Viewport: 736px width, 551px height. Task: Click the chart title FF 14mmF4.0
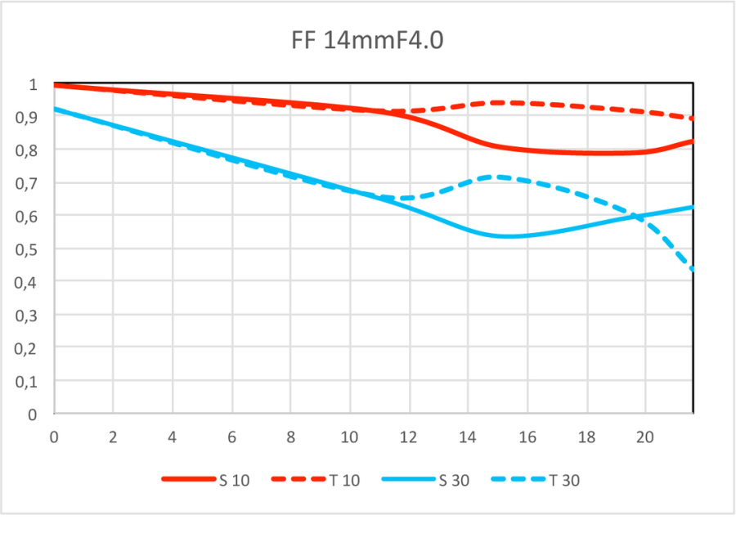[367, 41]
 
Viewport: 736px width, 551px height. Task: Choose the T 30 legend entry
[563, 480]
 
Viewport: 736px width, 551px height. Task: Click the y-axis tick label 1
[33, 84]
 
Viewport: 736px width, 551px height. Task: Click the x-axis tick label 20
[645, 437]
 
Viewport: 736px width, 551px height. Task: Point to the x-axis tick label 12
[409, 437]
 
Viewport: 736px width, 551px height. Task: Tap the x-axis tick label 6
[231, 437]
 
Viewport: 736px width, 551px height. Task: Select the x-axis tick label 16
[527, 437]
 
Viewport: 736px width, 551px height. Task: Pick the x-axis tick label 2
[113, 437]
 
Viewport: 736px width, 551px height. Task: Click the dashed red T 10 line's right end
[693, 119]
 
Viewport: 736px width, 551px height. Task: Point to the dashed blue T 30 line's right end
[693, 269]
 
